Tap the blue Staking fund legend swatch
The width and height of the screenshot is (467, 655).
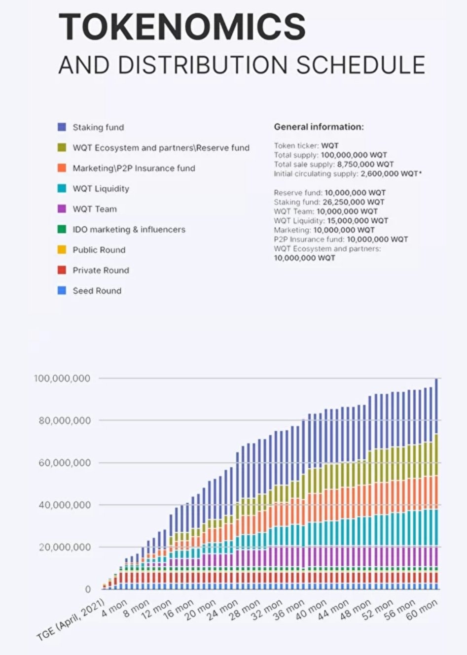coord(62,127)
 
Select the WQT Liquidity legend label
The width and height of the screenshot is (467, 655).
coord(101,189)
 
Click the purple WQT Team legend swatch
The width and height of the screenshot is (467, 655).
coord(62,209)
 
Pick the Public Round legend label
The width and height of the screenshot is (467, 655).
coord(99,250)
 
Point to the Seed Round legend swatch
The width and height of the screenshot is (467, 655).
coord(62,291)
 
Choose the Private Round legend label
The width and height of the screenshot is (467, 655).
coord(101,271)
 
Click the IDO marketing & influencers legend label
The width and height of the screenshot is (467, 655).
coord(129,230)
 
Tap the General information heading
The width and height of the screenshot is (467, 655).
coord(319,127)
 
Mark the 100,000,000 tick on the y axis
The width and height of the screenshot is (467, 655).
coord(62,379)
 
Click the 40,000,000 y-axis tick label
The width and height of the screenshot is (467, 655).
coord(65,505)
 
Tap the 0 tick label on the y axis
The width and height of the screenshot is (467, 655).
coord(88,589)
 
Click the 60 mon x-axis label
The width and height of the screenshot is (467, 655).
coord(422,610)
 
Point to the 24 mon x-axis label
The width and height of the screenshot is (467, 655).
coord(222,610)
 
